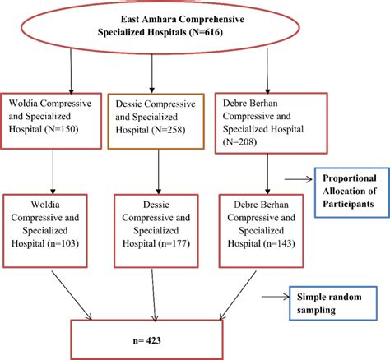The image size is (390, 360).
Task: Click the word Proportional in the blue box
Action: tap(350, 178)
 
